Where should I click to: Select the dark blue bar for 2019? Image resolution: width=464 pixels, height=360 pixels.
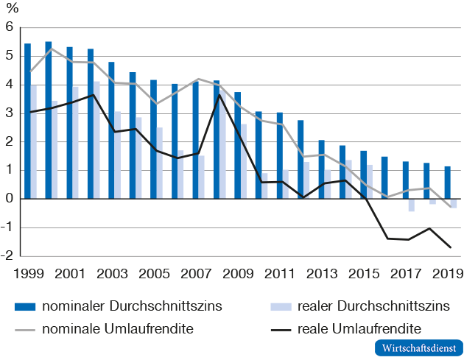coord(447,183)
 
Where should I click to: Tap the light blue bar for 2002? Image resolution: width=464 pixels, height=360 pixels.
coord(96,140)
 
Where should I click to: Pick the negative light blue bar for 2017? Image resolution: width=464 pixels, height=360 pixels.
coord(411,205)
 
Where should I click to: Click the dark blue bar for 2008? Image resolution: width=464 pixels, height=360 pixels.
coord(217,140)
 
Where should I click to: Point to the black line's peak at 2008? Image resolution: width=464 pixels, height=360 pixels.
coord(219,94)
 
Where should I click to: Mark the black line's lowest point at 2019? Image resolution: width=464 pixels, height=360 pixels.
coord(450,247)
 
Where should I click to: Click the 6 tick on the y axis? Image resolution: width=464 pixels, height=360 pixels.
coord(10,27)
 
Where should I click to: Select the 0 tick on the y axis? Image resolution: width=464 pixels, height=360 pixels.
coord(10,199)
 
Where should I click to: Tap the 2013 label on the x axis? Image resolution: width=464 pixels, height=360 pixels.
coord(324,273)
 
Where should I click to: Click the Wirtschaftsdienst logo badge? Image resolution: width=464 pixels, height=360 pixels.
coord(417,347)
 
